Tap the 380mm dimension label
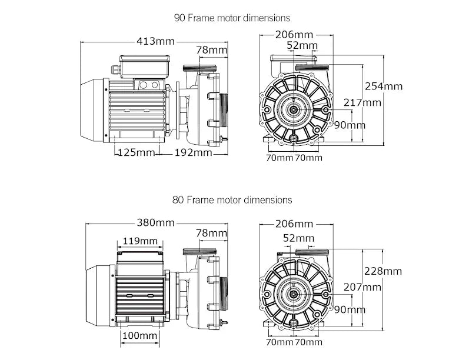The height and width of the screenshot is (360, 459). pos(156,223)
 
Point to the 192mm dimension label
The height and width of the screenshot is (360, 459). pos(194,153)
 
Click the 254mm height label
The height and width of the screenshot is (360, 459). pos(384,86)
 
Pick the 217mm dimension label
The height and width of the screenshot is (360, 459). pos(363,102)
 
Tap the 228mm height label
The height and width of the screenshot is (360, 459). pos(383,271)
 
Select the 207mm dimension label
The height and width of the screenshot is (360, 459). pos(363,287)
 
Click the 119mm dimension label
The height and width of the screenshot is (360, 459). pos(139,241)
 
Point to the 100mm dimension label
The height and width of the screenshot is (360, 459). pos(140,335)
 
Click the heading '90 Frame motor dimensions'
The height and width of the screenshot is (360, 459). pos(232,18)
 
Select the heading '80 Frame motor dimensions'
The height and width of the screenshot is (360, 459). pos(232,200)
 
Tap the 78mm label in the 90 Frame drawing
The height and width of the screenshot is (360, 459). pos(211,51)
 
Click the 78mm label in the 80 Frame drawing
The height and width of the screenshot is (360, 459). pos(211,234)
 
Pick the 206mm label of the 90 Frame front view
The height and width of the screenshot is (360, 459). pos(294,34)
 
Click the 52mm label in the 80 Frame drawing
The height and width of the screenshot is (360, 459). pos(298,238)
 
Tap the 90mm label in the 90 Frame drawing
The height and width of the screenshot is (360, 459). pos(350,125)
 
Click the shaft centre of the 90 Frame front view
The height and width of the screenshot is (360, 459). pos(294,109)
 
